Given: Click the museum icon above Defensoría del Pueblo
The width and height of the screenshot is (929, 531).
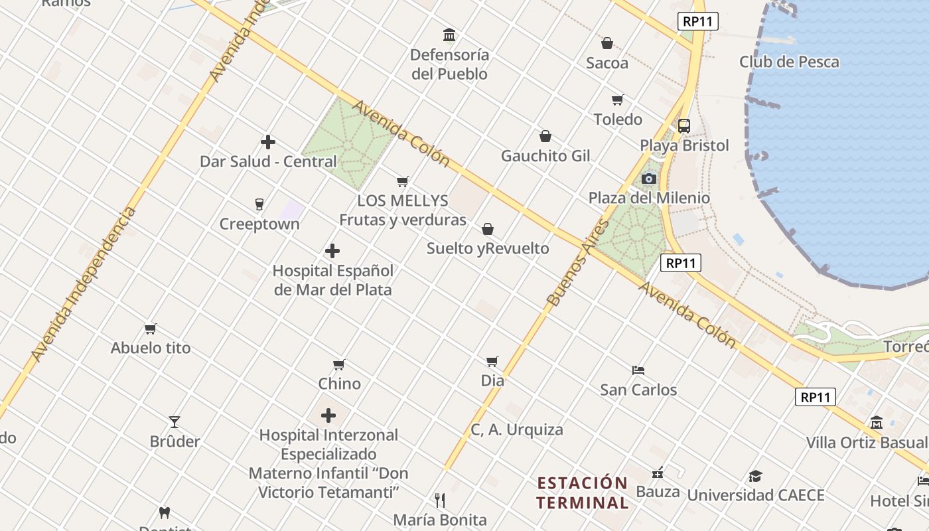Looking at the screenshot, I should click(x=449, y=35).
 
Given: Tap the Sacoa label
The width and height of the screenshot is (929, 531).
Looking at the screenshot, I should click(x=607, y=63).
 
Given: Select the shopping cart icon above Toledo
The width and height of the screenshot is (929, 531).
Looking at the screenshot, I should click(x=618, y=100).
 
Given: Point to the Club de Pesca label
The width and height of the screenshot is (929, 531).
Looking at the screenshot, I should click(x=789, y=62).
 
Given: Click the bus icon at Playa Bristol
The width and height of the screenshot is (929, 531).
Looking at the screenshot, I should click(x=683, y=125).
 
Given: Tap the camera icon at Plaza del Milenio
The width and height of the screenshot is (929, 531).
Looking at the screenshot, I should click(x=649, y=179).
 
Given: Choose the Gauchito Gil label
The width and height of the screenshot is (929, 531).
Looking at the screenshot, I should click(x=545, y=156).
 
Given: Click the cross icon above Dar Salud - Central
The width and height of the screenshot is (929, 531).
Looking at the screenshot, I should click(x=268, y=142).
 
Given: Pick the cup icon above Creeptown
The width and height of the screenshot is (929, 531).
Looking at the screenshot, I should click(x=259, y=204).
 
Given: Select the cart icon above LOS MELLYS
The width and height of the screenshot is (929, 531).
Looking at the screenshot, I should click(x=402, y=181).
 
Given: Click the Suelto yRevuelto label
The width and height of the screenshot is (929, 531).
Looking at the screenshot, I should click(x=488, y=248).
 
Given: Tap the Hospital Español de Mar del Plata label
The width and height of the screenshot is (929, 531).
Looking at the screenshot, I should click(x=333, y=280).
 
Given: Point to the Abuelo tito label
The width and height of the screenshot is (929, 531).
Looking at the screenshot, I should click(x=151, y=348).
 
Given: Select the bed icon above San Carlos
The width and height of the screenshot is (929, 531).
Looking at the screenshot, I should click(x=638, y=370).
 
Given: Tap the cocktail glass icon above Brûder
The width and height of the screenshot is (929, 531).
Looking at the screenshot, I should click(x=175, y=421).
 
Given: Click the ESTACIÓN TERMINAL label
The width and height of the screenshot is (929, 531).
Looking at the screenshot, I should click(x=583, y=493).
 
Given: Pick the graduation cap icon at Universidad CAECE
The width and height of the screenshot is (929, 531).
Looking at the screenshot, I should click(x=755, y=476).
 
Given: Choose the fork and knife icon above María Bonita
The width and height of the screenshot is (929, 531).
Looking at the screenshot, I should click(x=439, y=500).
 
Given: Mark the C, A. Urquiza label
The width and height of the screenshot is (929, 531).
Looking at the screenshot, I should click(x=517, y=429).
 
